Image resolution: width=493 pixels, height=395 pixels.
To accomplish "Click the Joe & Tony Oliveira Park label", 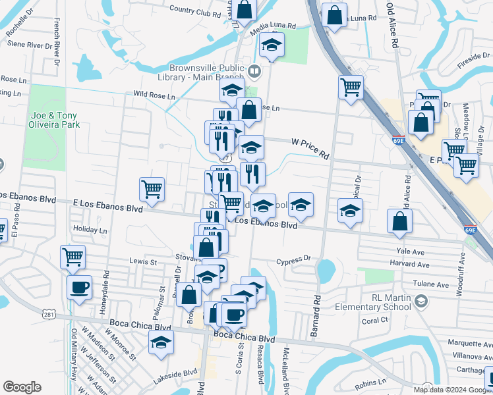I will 54,119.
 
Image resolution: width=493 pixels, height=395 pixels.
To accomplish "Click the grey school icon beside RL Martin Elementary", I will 422,301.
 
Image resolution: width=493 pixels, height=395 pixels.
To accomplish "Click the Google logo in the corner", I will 22,386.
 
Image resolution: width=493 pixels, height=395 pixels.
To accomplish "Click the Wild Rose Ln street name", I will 154,95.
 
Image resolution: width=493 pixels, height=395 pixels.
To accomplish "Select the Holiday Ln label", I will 90,230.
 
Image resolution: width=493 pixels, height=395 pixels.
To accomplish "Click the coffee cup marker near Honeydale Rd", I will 80,288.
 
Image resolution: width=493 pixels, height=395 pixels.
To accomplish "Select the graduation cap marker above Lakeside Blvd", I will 160,342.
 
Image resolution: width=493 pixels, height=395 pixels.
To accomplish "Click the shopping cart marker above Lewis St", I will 72,256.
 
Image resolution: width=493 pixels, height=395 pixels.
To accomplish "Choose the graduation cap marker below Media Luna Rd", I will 270,45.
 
